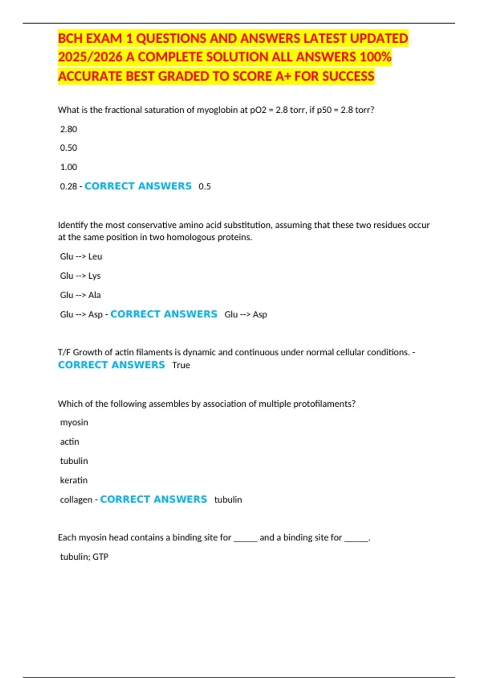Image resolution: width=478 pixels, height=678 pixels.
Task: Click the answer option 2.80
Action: coord(69,129)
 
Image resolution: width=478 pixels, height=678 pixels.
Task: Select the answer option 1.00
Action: coord(69,167)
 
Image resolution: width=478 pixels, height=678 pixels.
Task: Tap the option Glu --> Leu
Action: coord(81,256)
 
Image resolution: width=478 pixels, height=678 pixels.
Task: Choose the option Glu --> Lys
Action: coord(80,276)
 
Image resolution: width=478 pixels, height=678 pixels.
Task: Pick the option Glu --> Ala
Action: coord(80,295)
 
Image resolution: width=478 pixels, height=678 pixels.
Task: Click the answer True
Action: coord(181,365)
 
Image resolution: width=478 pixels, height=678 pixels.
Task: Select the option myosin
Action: coord(74,422)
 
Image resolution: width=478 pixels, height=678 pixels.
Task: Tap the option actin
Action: coord(70,442)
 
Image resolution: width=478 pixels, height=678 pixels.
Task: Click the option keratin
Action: coord(74,480)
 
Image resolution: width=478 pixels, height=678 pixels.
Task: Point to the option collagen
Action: coord(76,500)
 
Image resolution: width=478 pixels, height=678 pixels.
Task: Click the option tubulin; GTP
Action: coord(84,557)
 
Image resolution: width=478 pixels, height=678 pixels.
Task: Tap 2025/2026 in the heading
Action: coord(90,57)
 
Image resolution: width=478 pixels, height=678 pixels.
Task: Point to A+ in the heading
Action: coord(283,76)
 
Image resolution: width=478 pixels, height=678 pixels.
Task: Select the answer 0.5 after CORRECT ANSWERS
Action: coord(205,187)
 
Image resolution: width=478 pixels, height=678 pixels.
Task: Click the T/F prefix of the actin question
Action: coord(64,353)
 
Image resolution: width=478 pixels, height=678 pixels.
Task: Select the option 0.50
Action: coord(69,148)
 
